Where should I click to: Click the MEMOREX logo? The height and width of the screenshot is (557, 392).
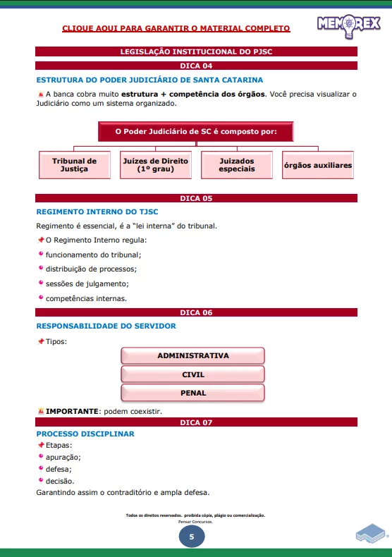click(349, 25)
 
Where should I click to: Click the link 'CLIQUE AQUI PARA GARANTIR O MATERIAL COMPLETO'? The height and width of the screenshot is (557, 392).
click(176, 29)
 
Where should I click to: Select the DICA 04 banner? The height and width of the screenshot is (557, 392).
click(196, 66)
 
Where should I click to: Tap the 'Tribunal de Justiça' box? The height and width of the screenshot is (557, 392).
click(74, 165)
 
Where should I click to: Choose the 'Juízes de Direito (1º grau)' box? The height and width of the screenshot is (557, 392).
click(156, 165)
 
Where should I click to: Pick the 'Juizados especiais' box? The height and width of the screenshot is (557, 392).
click(236, 165)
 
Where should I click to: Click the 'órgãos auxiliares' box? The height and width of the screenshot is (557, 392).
click(317, 165)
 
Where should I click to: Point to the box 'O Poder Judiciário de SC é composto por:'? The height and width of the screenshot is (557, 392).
click(195, 131)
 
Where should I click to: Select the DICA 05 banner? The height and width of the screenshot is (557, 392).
click(196, 198)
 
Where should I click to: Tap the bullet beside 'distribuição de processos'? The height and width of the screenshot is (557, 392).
click(41, 268)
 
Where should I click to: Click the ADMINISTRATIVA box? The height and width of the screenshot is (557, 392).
click(193, 355)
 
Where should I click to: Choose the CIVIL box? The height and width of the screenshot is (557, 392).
click(193, 374)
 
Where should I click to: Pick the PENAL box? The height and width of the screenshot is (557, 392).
click(193, 393)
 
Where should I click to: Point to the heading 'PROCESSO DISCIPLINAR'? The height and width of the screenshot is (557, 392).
click(85, 434)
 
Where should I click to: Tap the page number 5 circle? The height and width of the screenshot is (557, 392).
click(192, 537)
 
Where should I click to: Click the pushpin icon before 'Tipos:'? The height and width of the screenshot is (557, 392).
click(40, 341)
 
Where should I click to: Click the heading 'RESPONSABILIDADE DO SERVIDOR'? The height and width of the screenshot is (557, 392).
click(106, 326)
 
